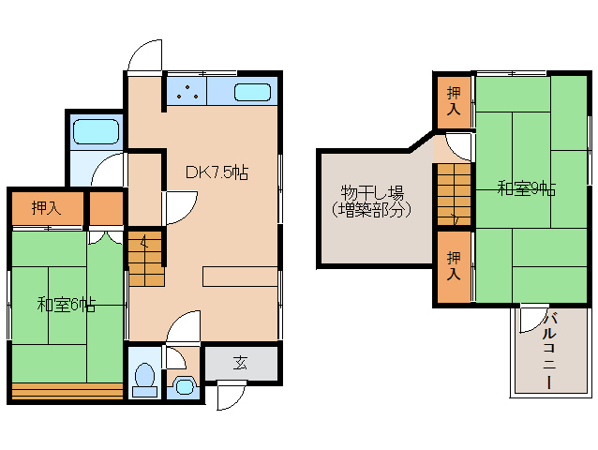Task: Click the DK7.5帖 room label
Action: pyautogui.click(x=216, y=172)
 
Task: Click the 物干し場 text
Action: pyautogui.click(x=371, y=194)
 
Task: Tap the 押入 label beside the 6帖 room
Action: pyautogui.click(x=46, y=208)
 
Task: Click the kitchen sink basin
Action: pyautogui.click(x=251, y=92)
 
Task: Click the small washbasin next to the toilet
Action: pyautogui.click(x=184, y=385)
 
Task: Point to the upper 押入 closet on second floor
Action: pyautogui.click(x=454, y=100)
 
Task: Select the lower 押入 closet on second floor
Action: pyautogui.click(x=454, y=265)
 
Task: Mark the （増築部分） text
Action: pyautogui.click(x=371, y=210)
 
